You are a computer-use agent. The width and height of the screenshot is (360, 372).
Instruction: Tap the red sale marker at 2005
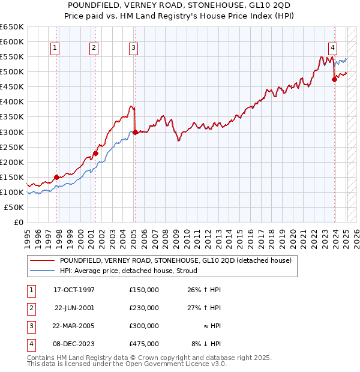pyautogui.click(x=135, y=132)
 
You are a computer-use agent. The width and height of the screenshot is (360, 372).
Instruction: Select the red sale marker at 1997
pyautogui.click(x=57, y=177)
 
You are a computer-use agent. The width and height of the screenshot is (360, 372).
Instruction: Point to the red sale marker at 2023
pyautogui.click(x=335, y=79)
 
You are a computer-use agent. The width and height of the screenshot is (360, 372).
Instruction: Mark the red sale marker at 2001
pyautogui.click(x=96, y=153)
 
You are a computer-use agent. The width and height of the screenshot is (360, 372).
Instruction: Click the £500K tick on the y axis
pyautogui.click(x=12, y=72)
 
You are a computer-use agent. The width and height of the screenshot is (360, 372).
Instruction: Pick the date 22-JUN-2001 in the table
pyautogui.click(x=74, y=308)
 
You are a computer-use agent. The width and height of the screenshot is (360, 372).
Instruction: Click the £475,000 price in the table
pyautogui.click(x=144, y=344)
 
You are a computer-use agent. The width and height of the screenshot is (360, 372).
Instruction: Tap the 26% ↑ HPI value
pyautogui.click(x=205, y=290)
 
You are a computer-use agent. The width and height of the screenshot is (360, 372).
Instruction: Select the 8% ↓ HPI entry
pyautogui.click(x=206, y=344)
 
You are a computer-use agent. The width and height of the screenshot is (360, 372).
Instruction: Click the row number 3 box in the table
pyautogui.click(x=30, y=326)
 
